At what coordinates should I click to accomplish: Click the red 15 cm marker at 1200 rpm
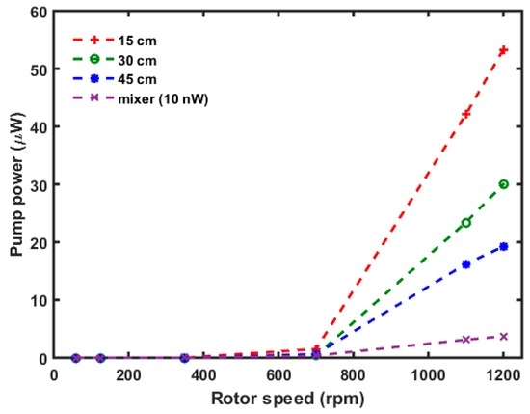tap(503, 50)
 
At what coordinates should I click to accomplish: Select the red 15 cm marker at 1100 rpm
tap(466, 114)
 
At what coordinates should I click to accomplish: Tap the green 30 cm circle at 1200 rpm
tap(503, 184)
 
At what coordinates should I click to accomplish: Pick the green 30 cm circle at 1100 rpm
tap(466, 223)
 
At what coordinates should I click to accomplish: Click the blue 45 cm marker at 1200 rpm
tap(503, 246)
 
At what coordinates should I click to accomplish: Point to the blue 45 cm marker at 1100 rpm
tap(466, 264)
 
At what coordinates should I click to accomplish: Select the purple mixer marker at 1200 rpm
tap(503, 336)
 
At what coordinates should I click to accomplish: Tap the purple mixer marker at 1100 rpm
tap(466, 340)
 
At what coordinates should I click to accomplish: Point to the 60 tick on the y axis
tap(38, 13)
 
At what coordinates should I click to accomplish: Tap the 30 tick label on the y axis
tap(38, 185)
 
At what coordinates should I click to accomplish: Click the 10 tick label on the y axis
tap(38, 300)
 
